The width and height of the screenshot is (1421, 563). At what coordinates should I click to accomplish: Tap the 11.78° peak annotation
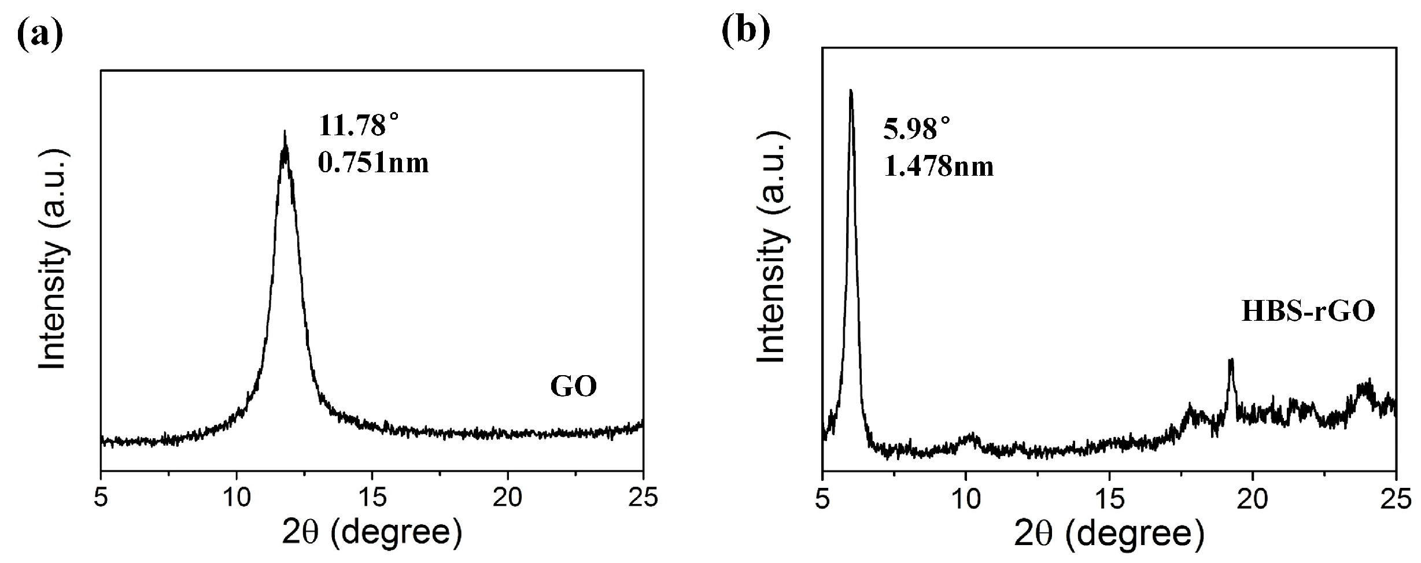pyautogui.click(x=359, y=125)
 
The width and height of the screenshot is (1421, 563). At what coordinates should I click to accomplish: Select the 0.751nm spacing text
pyautogui.click(x=374, y=164)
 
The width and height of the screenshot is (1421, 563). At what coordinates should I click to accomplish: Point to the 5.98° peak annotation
pyautogui.click(x=917, y=128)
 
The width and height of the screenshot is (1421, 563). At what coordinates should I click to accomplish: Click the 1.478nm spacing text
pyautogui.click(x=939, y=166)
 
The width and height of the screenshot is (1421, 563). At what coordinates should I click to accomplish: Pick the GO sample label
pyautogui.click(x=573, y=387)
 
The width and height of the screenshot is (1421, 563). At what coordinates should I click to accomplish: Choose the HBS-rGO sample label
pyautogui.click(x=1307, y=312)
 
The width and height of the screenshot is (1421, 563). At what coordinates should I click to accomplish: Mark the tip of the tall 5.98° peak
pyautogui.click(x=850, y=91)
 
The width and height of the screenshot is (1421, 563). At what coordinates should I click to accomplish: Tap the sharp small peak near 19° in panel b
pyautogui.click(x=1231, y=361)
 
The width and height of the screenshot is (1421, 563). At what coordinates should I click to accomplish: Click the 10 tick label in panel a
pyautogui.click(x=237, y=498)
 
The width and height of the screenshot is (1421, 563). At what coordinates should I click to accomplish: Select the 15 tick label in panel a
pyautogui.click(x=372, y=498)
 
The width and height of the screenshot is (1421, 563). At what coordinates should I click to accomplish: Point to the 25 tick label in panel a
pyautogui.click(x=643, y=498)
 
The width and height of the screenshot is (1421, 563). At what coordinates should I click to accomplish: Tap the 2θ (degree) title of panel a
pyautogui.click(x=372, y=533)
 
